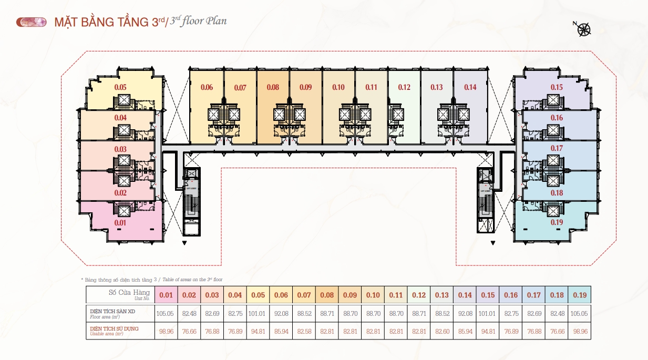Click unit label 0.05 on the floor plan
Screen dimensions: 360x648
click(x=120, y=87)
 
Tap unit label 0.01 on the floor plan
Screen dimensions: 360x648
click(x=120, y=223)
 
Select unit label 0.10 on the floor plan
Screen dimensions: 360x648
click(x=338, y=87)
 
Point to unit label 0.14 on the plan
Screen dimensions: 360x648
click(x=470, y=87)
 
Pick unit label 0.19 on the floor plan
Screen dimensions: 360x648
click(x=557, y=223)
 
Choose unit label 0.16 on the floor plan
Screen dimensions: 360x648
click(x=557, y=118)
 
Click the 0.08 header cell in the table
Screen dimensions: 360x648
click(x=327, y=295)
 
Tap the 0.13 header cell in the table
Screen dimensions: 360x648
click(x=442, y=295)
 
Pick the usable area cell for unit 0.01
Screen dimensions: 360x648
click(x=166, y=331)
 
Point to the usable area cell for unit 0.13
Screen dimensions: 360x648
click(x=442, y=331)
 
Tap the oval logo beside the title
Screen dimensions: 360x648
click(x=32, y=22)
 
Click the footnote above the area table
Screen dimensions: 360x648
click(x=155, y=280)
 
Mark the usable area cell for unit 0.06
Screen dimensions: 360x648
click(x=281, y=331)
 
